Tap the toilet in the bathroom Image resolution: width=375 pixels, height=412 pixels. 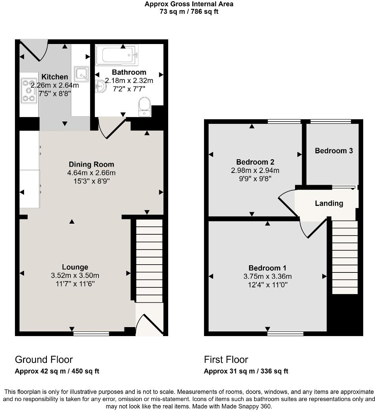point(145,107)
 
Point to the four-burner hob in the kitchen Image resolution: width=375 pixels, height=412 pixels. point(29,91)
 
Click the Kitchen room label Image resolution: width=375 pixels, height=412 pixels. point(55,77)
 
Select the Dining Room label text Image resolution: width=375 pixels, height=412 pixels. point(91,164)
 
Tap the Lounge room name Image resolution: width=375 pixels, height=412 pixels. point(74,267)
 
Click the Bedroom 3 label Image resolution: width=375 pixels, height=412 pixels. point(334,151)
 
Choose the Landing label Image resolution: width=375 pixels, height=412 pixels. point(329,203)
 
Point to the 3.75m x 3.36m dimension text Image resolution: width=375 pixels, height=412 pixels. point(267,276)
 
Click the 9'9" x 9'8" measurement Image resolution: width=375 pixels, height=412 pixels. point(255,178)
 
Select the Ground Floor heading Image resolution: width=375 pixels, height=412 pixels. point(44,359)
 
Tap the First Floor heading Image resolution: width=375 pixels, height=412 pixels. point(226,359)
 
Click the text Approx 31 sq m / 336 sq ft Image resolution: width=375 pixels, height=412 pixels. point(246,371)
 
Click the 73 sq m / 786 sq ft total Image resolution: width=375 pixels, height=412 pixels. point(189,12)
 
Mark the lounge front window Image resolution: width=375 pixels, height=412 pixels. point(91,334)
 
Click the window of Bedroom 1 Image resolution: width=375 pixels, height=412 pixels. point(286,334)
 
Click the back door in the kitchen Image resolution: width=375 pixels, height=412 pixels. point(34,50)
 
